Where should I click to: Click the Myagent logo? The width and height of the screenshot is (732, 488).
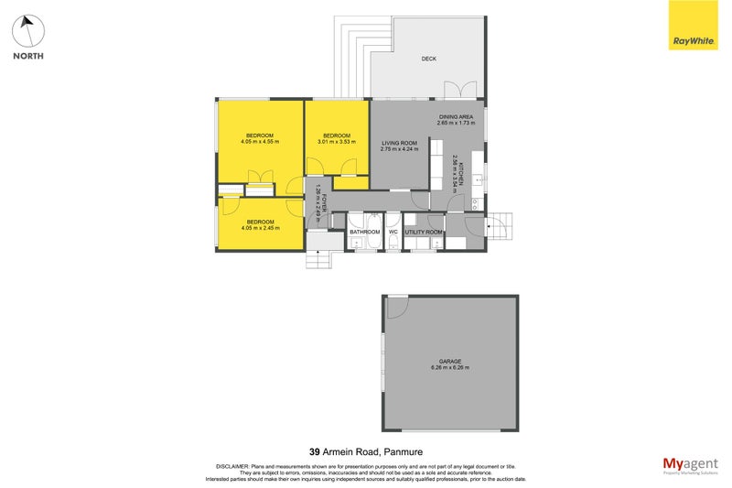click(x=689, y=464)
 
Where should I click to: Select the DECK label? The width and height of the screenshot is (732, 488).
click(x=428, y=60)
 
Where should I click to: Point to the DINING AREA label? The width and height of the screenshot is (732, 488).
click(x=456, y=116)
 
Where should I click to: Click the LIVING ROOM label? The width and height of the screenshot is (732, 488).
click(x=399, y=142)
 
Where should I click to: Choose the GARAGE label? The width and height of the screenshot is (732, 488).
click(x=448, y=362)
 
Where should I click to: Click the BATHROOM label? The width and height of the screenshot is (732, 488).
click(x=364, y=232)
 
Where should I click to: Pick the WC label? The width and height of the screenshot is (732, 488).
click(x=393, y=232)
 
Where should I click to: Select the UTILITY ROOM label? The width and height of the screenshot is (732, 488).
click(x=424, y=232)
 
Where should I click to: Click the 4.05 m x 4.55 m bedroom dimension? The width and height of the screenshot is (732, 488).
click(x=260, y=143)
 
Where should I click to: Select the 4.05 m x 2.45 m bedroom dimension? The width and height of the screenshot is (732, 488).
click(x=260, y=227)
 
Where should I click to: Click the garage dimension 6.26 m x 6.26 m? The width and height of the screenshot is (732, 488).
click(x=448, y=368)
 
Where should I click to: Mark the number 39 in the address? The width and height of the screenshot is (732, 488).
click(x=315, y=450)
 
